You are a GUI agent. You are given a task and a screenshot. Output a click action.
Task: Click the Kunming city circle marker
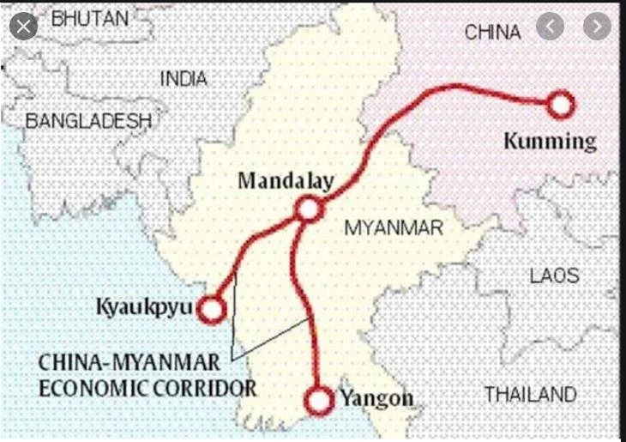(x=559, y=105)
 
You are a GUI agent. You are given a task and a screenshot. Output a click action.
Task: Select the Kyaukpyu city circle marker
(x=211, y=309)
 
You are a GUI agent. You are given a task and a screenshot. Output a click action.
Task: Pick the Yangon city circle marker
(x=318, y=399)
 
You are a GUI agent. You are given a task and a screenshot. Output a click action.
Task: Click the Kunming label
(x=549, y=141)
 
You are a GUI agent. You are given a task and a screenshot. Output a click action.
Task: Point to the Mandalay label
(x=286, y=180)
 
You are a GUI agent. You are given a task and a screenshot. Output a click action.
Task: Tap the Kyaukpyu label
(x=143, y=306)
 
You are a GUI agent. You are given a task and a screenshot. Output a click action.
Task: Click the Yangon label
(x=376, y=398)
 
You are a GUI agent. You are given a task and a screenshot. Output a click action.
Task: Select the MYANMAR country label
(x=394, y=228)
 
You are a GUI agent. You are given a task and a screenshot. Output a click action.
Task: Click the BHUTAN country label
(x=89, y=18)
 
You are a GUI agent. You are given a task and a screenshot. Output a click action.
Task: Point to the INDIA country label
(x=184, y=79)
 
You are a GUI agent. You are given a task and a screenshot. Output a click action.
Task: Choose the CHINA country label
(x=492, y=33)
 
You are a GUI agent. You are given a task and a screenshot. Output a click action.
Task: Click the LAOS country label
(x=554, y=276)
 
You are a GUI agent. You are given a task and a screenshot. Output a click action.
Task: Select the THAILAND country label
(x=530, y=395)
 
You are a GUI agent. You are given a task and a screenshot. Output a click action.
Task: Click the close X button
(x=23, y=27)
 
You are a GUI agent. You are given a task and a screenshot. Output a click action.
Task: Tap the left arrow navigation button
(x=550, y=27)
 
